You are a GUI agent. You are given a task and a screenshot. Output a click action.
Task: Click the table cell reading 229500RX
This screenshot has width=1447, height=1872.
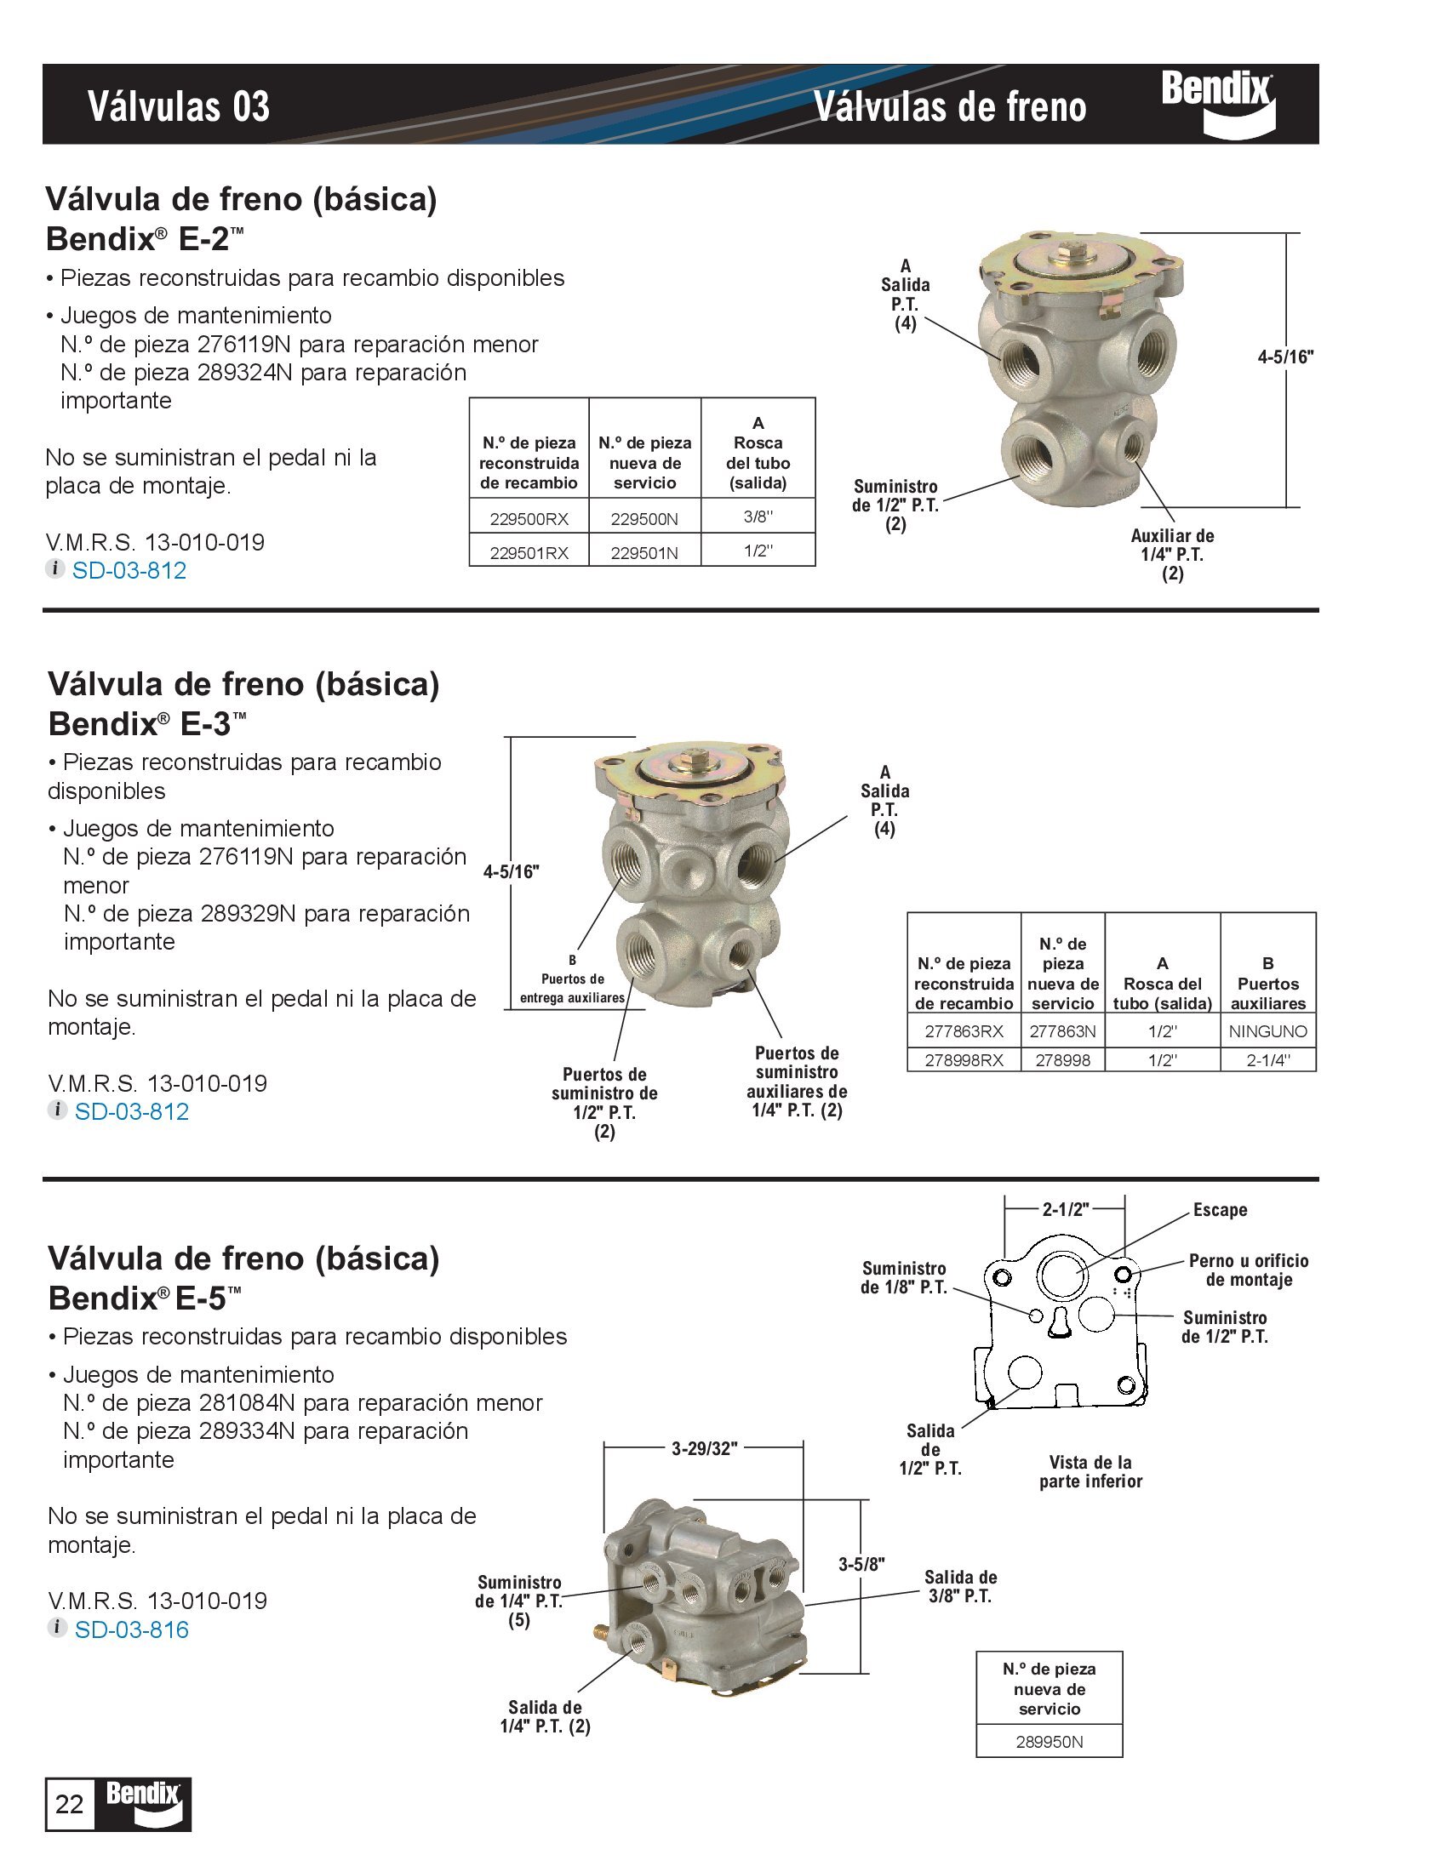(529, 518)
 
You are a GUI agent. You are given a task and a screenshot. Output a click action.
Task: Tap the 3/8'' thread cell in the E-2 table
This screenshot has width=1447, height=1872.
(758, 517)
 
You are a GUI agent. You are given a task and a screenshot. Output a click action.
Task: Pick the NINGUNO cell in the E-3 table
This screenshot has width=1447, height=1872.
(1268, 1031)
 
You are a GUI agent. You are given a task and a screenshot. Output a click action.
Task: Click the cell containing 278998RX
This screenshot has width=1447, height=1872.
(964, 1060)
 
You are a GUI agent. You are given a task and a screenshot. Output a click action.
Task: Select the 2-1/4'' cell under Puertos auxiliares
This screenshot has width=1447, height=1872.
(1268, 1060)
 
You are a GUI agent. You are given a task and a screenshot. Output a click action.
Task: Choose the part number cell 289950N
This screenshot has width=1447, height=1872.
(1050, 1742)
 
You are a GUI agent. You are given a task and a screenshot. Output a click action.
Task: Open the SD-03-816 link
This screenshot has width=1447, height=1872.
(131, 1629)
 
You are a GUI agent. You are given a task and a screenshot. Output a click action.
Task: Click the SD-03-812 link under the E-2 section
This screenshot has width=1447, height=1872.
(129, 570)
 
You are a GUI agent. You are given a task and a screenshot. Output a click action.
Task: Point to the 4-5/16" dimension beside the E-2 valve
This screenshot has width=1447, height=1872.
(1285, 357)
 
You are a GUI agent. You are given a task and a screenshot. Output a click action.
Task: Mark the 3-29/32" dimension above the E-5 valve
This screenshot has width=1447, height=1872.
(704, 1449)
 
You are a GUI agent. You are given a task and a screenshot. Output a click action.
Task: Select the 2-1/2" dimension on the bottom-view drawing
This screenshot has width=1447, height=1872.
(1065, 1209)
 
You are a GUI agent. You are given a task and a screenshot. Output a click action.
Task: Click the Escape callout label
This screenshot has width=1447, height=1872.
(1220, 1209)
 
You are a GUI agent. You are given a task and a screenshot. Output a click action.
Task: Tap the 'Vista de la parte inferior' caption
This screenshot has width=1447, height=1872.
(1090, 1472)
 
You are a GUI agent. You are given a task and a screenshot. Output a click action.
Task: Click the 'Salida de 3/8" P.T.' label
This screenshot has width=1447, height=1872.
(960, 1587)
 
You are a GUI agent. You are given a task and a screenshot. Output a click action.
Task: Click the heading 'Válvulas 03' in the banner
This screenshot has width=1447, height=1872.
(178, 107)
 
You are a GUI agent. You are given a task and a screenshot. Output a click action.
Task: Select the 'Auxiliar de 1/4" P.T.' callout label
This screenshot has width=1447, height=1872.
(1172, 554)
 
